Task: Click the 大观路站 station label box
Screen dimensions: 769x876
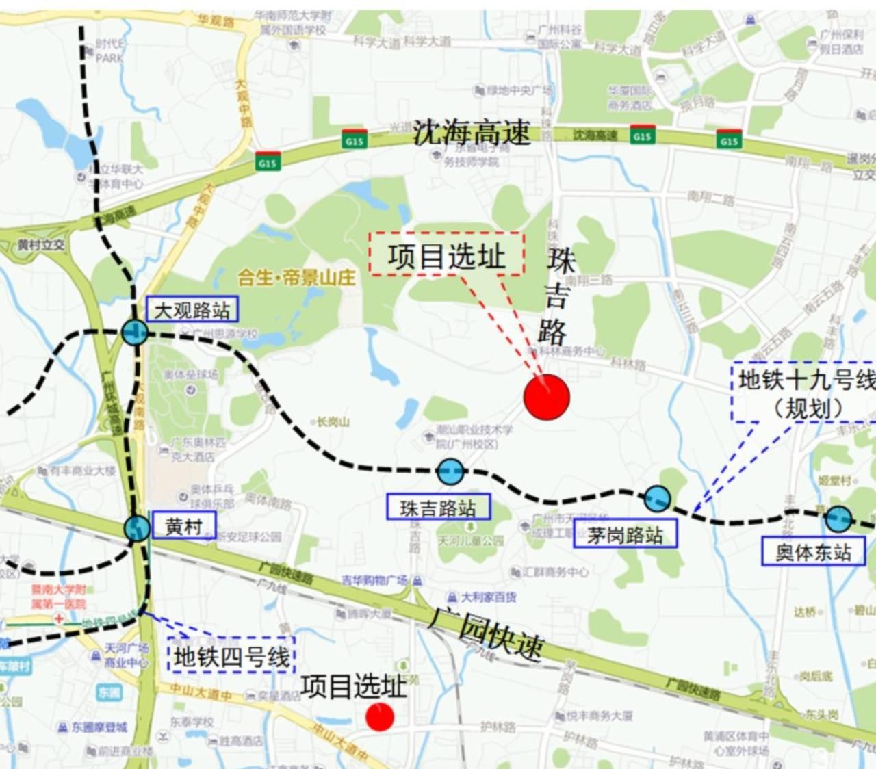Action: tap(192, 310)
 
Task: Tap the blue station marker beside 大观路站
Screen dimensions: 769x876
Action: tap(134, 333)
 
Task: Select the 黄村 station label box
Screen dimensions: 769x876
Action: tap(183, 525)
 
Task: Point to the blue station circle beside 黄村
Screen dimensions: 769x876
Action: tap(137, 528)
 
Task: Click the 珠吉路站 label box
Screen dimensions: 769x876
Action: tap(438, 507)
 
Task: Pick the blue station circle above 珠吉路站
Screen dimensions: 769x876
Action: tap(450, 471)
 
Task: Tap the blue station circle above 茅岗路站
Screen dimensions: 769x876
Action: tap(658, 499)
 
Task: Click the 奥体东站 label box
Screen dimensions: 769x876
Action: tap(813, 551)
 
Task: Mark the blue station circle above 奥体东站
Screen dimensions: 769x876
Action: tap(838, 519)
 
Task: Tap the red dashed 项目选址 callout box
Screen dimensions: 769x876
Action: tap(447, 255)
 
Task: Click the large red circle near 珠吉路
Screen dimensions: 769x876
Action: tap(547, 397)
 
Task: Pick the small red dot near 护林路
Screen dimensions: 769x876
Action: tap(380, 716)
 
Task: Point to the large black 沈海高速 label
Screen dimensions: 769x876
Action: tap(472, 132)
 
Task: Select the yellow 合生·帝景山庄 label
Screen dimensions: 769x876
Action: tap(296, 277)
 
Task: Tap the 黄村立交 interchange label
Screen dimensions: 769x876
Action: tap(42, 245)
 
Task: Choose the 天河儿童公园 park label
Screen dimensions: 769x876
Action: tap(471, 540)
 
